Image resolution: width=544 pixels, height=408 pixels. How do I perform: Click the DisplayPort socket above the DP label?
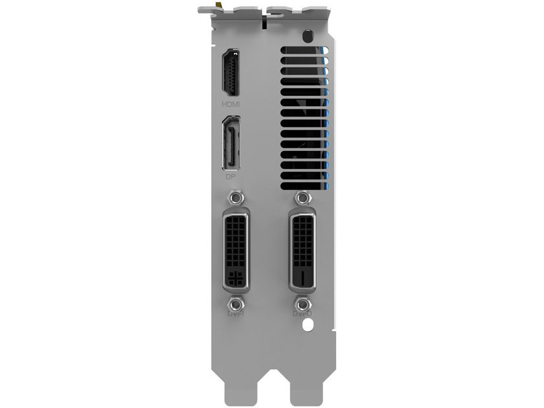pyautogui.click(x=231, y=143)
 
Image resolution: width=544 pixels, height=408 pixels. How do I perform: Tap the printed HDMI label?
pyautogui.click(x=231, y=104)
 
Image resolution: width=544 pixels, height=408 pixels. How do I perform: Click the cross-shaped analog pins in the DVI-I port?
pyautogui.click(x=236, y=280)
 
